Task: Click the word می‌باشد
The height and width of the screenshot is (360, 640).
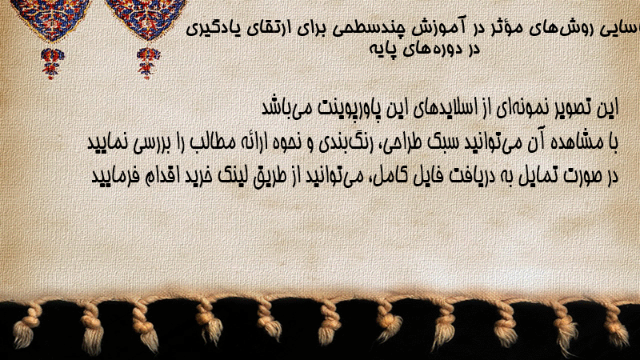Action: click(x=286, y=108)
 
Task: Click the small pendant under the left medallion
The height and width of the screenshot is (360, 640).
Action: click(x=52, y=63)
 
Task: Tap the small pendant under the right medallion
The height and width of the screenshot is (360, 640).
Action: click(x=149, y=63)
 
